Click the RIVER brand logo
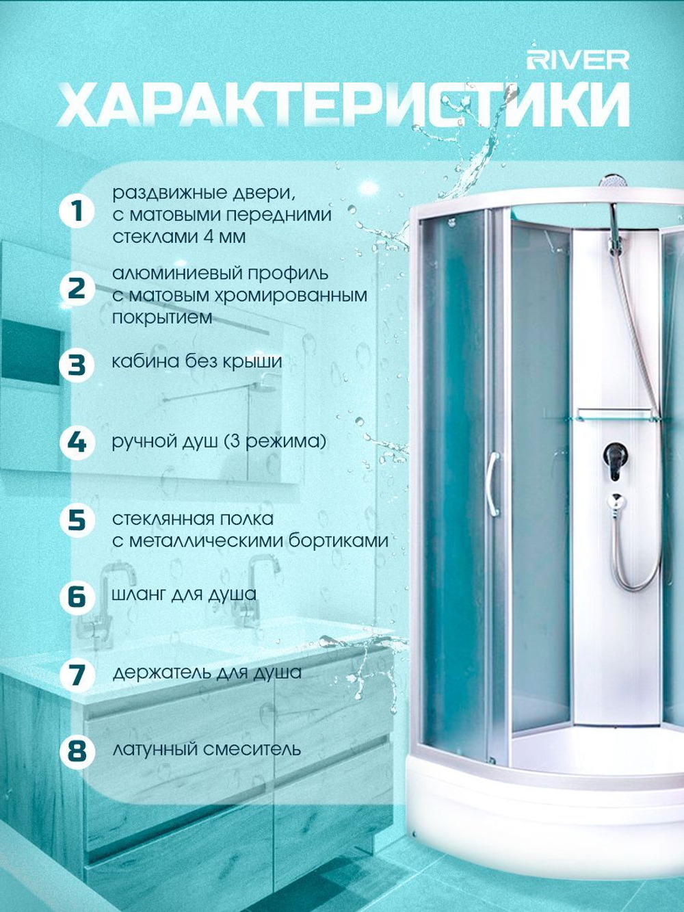[x=578, y=61]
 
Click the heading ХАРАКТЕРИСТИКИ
[x=343, y=105]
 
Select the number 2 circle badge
[x=77, y=289]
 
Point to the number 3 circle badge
[x=77, y=365]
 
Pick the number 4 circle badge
[x=77, y=443]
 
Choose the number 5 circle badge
[x=77, y=520]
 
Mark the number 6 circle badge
[x=77, y=597]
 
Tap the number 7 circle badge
[x=77, y=675]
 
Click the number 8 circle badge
[x=77, y=752]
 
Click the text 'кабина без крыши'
[x=197, y=361]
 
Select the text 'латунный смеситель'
[x=207, y=750]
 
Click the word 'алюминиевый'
[x=177, y=274]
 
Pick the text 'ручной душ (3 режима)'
[x=219, y=441]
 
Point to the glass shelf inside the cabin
[x=618, y=416]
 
